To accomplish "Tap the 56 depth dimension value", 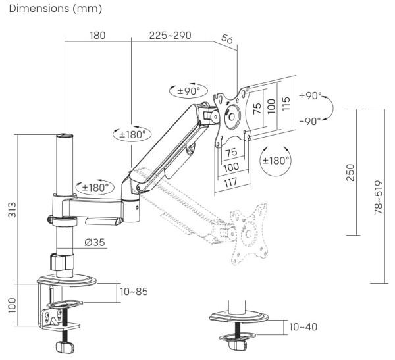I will (x=226, y=40).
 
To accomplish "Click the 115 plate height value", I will (x=286, y=104).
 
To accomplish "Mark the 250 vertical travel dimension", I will (x=350, y=172).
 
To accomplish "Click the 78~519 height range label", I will (x=378, y=197).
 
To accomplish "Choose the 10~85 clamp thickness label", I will (x=134, y=290).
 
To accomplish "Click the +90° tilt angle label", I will (x=310, y=96).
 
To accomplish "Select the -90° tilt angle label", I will (x=310, y=120).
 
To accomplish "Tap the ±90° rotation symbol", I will (x=188, y=90).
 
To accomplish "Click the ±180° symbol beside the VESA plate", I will (x=276, y=160).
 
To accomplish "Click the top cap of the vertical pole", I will (x=65, y=136).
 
